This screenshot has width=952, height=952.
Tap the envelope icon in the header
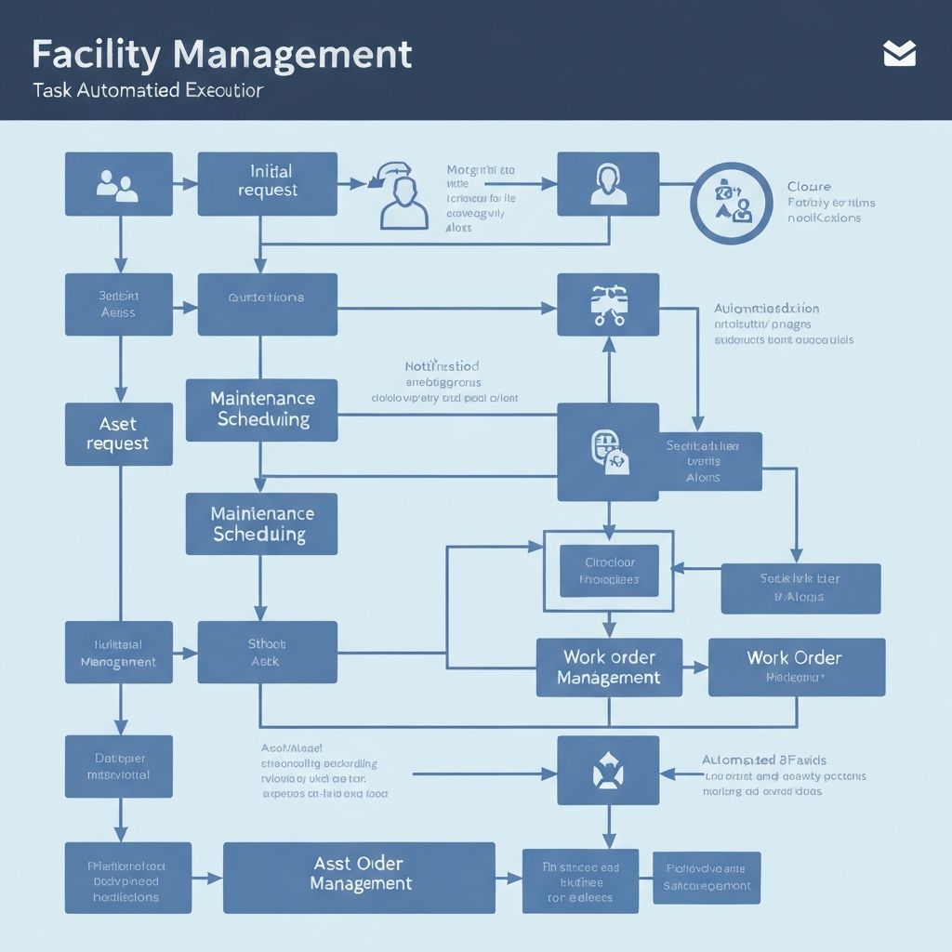click(x=899, y=55)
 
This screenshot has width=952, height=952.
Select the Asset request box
click(x=118, y=434)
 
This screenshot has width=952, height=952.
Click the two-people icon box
click(x=118, y=183)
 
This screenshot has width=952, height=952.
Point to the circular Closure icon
click(x=732, y=203)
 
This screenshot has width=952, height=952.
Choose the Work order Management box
click(x=608, y=668)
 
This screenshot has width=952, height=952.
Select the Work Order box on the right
click(x=796, y=667)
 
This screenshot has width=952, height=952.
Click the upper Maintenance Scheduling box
click(x=262, y=409)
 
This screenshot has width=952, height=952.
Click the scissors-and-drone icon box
click(x=608, y=305)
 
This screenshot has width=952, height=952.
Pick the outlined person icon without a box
click(x=403, y=197)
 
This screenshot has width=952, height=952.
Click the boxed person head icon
click(x=608, y=183)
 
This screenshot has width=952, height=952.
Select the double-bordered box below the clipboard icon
click(x=608, y=571)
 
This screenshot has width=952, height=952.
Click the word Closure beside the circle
click(x=808, y=187)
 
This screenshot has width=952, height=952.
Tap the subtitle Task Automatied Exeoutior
click(x=147, y=92)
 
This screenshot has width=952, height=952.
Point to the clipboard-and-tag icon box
click(x=608, y=452)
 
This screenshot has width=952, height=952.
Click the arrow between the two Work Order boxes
click(x=694, y=668)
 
